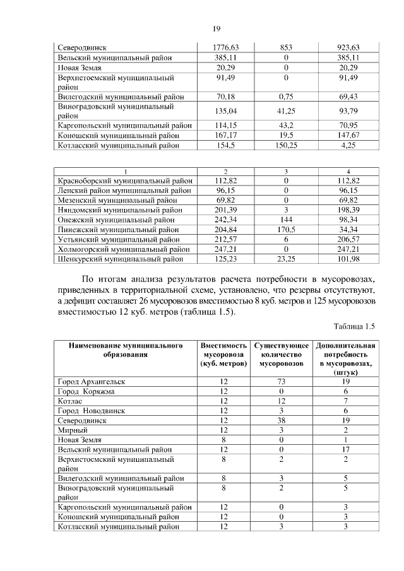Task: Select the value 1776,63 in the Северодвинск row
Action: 226,48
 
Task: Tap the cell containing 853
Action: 286,48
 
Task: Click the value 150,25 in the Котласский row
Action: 286,145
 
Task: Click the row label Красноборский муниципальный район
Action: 124,180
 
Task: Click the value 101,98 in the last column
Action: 348,259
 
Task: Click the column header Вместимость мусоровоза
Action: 223,355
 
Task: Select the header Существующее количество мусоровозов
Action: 282,355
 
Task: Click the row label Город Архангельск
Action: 92,382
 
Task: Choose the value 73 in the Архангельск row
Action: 282,382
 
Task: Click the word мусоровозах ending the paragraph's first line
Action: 348,279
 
